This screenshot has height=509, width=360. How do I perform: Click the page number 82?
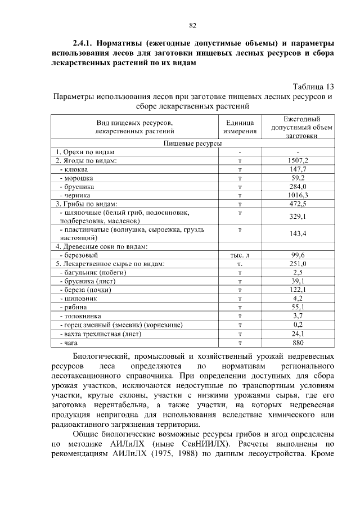[192, 25]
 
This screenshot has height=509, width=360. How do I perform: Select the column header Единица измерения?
[240, 127]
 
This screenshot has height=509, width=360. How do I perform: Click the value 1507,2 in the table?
[298, 161]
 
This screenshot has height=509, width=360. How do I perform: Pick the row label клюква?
[76, 169]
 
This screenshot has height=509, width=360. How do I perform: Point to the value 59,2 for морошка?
[298, 178]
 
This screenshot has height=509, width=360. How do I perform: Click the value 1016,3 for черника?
[298, 195]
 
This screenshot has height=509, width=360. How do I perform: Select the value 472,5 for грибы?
[298, 204]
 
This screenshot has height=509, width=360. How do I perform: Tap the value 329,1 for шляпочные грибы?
[298, 217]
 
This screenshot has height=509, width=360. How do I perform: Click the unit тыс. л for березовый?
[240, 255]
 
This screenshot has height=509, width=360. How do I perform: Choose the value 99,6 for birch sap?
[298, 255]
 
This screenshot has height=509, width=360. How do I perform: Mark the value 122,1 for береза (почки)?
[298, 290]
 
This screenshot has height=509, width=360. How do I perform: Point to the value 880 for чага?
[298, 342]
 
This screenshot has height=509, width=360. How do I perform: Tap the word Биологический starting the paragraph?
[104, 357]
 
